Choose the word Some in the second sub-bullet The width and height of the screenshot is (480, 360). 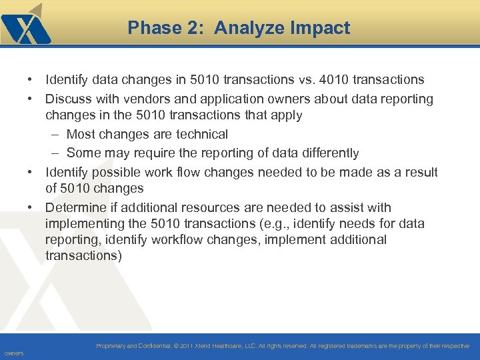click(83, 153)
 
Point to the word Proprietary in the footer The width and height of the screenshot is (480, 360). click(114, 346)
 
